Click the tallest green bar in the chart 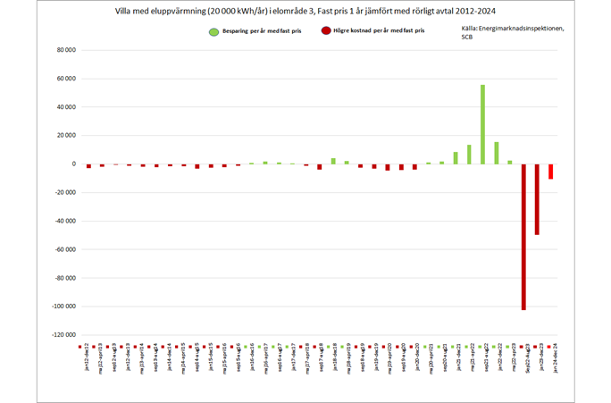[x=482, y=124]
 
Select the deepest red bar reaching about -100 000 [x=523, y=237]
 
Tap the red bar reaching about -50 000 [x=537, y=199]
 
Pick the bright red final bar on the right [x=550, y=172]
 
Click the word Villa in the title [x=127, y=13]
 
